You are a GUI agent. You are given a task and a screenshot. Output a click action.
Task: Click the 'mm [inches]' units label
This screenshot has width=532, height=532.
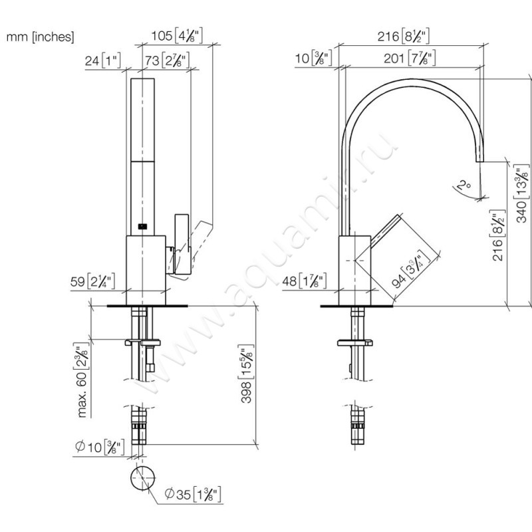[41, 37]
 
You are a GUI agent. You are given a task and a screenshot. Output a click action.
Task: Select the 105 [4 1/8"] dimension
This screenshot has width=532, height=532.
[177, 35]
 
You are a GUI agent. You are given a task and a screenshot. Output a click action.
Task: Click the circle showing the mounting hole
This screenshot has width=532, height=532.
[144, 478]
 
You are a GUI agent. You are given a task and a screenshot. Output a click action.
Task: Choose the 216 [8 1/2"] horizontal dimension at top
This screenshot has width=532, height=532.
[404, 35]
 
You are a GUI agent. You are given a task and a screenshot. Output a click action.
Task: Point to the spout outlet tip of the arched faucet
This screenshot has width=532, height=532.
[479, 161]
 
